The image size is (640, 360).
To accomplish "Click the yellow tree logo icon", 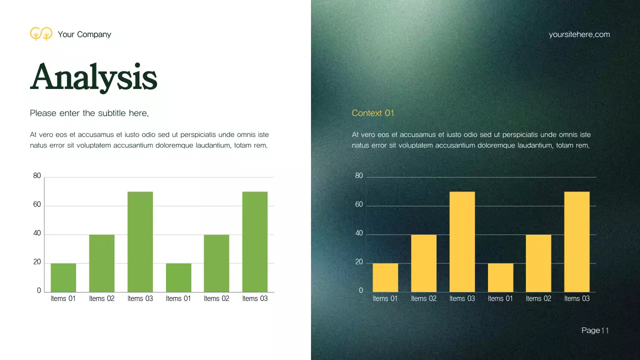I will pyautogui.click(x=41, y=33).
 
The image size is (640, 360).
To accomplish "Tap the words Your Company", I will pyautogui.click(x=84, y=34).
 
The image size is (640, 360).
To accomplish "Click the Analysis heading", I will pyautogui.click(x=93, y=77).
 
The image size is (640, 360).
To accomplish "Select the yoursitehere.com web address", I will pyautogui.click(x=579, y=34).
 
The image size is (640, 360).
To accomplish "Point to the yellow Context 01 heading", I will pyautogui.click(x=373, y=113).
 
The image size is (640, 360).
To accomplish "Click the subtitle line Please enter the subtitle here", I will pyautogui.click(x=89, y=113).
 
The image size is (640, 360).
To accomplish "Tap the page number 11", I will pyautogui.click(x=605, y=330).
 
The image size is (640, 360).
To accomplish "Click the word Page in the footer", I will pyautogui.click(x=590, y=330).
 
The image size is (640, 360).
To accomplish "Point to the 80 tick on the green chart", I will pyautogui.click(x=37, y=176).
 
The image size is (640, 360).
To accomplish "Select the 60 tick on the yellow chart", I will pyautogui.click(x=359, y=205).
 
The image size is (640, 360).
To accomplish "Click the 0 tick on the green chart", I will pyautogui.click(x=39, y=290).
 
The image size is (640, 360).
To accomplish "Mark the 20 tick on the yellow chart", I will pyautogui.click(x=359, y=262).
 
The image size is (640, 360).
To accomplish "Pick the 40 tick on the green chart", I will pyautogui.click(x=37, y=233).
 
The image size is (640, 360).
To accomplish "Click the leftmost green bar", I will pyautogui.click(x=63, y=277).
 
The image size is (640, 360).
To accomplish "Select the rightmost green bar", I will pyautogui.click(x=255, y=241).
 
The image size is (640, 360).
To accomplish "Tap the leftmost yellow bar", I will pyautogui.click(x=385, y=277).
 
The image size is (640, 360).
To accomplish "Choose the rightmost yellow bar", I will pyautogui.click(x=577, y=241).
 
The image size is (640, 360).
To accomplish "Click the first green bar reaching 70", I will pyautogui.click(x=140, y=241).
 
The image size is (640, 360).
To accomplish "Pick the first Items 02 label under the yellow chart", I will pyautogui.click(x=423, y=298).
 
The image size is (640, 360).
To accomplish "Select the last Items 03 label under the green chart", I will pyautogui.click(x=255, y=298).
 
